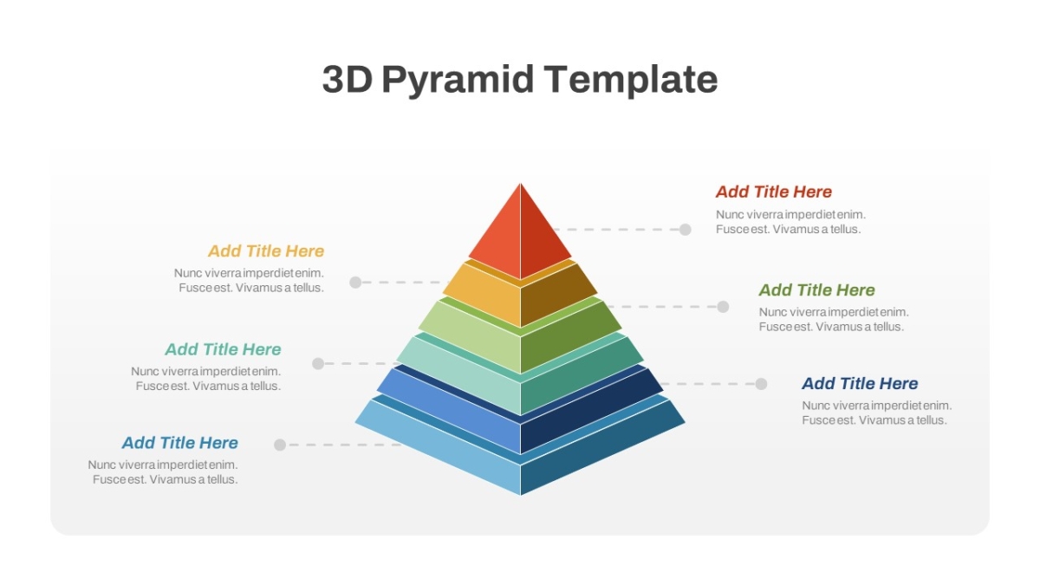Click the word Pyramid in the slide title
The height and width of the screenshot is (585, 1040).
pyautogui.click(x=457, y=80)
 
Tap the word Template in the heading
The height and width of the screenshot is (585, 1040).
pyautogui.click(x=632, y=80)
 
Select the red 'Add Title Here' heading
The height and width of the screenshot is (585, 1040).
pyautogui.click(x=773, y=192)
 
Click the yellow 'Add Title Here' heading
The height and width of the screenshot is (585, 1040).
pyautogui.click(x=265, y=251)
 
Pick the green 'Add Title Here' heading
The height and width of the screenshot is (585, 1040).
pyautogui.click(x=816, y=290)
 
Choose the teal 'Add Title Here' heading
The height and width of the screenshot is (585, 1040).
pyautogui.click(x=223, y=349)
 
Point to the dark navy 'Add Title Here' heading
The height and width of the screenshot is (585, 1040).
pyautogui.click(x=860, y=383)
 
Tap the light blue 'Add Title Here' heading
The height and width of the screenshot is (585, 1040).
pyautogui.click(x=179, y=443)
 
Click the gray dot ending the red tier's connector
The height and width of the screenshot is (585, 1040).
pyautogui.click(x=685, y=230)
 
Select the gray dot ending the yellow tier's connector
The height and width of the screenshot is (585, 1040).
pyautogui.click(x=355, y=283)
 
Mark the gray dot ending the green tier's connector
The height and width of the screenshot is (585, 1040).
pyautogui.click(x=723, y=307)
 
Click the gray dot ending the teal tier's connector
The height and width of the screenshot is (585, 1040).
pyautogui.click(x=318, y=363)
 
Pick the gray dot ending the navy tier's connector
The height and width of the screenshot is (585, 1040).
pyautogui.click(x=761, y=384)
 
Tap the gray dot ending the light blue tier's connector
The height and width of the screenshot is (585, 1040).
pyautogui.click(x=279, y=445)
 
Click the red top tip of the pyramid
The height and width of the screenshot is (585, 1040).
pyautogui.click(x=521, y=184)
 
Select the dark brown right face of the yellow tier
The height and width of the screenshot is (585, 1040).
pyautogui.click(x=555, y=294)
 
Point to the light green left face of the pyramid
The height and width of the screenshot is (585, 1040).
pyautogui.click(x=473, y=335)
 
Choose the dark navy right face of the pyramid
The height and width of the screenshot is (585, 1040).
pyautogui.click(x=589, y=408)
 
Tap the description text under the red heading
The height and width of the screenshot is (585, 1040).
pyautogui.click(x=790, y=222)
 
